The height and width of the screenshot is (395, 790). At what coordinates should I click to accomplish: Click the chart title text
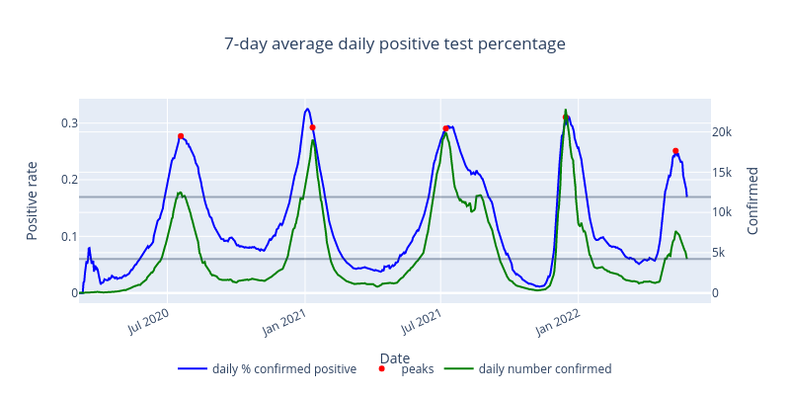(394, 44)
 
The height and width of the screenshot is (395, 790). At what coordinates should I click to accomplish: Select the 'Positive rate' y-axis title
(32, 200)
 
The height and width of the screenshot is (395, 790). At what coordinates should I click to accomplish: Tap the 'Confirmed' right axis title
(753, 200)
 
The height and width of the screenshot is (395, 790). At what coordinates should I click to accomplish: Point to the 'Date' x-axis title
(394, 357)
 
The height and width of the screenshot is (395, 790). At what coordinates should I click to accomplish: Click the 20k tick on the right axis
(723, 132)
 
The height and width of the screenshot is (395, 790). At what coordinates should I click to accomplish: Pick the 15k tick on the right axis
(723, 173)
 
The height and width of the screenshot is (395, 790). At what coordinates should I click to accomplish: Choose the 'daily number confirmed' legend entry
(544, 369)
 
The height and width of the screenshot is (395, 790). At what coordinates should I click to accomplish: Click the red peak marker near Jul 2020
(181, 136)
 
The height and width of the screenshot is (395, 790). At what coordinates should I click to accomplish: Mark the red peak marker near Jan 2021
(312, 127)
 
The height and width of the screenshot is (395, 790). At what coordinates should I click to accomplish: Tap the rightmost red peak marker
(675, 151)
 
